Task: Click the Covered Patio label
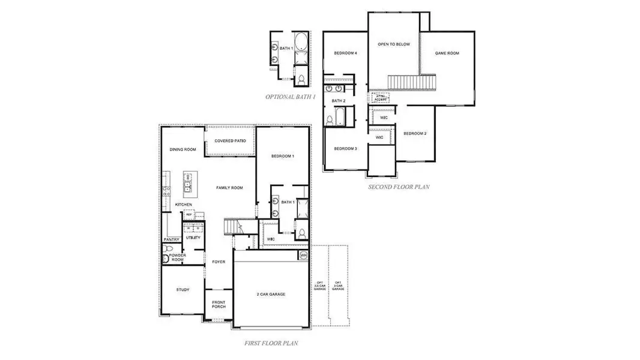tap(231, 140)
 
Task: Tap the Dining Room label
tap(183, 150)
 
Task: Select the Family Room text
tap(229, 188)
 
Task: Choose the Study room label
tap(183, 290)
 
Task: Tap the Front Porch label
tap(219, 304)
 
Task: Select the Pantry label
tap(171, 239)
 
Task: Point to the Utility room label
tap(193, 238)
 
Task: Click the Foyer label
tap(218, 262)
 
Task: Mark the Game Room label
tap(447, 53)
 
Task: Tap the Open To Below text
tap(393, 44)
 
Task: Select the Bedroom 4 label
tap(346, 53)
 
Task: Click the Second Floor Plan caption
tap(399, 187)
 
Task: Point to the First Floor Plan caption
tap(271, 344)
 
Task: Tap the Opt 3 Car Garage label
tap(338, 286)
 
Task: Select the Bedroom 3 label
tap(346, 149)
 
